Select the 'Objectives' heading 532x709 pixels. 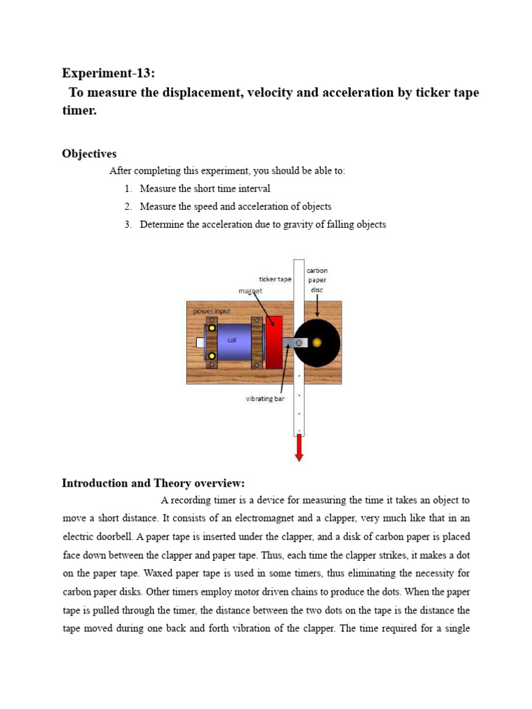(x=89, y=154)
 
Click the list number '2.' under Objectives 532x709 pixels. (x=128, y=206)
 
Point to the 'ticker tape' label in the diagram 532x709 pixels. (x=275, y=279)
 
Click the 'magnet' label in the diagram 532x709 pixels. (x=251, y=291)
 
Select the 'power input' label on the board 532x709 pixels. (x=212, y=312)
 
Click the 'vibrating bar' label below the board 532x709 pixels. (x=265, y=399)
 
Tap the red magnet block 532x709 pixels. (x=274, y=342)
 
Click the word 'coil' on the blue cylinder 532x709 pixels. (x=232, y=340)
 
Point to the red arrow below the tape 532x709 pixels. (x=299, y=448)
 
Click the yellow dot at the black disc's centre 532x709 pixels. (x=317, y=343)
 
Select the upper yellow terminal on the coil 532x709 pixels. (x=212, y=327)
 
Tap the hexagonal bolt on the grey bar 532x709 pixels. (x=299, y=343)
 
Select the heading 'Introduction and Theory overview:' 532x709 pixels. (x=153, y=483)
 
